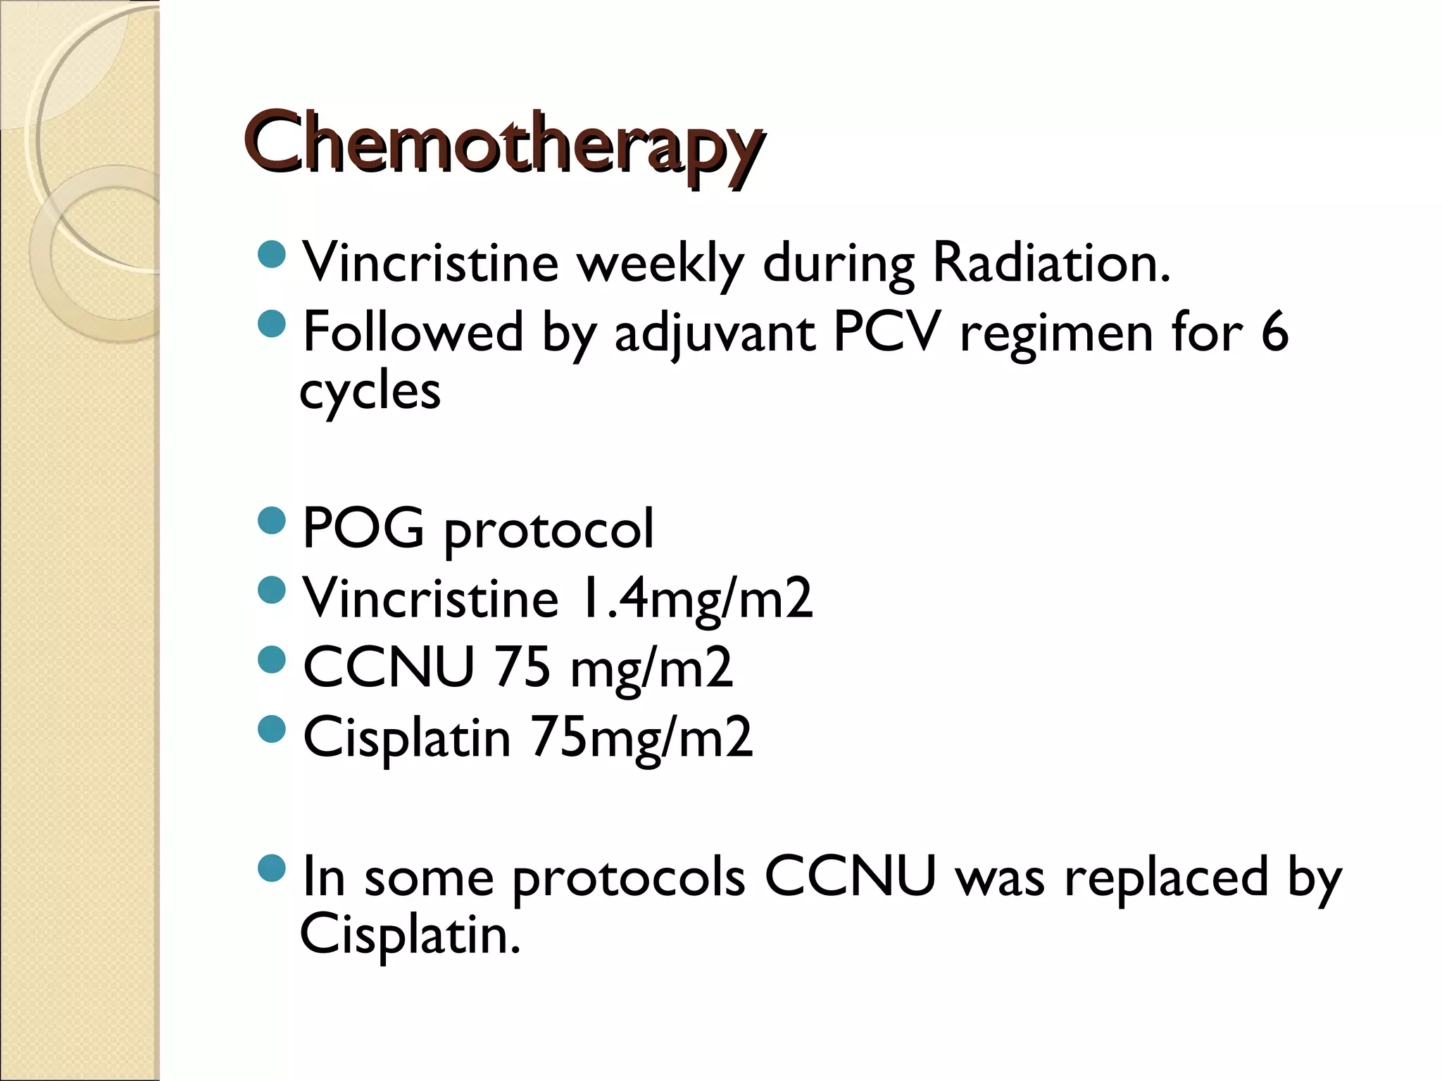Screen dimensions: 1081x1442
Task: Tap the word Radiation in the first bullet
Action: [1051, 263]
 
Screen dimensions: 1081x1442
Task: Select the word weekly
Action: [660, 263]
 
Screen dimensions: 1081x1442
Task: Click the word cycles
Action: [370, 391]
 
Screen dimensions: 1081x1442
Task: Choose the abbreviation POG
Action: [363, 528]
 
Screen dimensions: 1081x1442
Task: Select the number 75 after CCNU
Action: [522, 667]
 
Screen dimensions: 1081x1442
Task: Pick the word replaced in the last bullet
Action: [1166, 878]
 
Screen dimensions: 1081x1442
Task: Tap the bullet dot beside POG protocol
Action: [272, 521]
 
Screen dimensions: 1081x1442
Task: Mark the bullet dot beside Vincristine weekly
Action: [272, 255]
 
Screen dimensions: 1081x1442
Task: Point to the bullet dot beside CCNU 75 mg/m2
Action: [272, 659]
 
